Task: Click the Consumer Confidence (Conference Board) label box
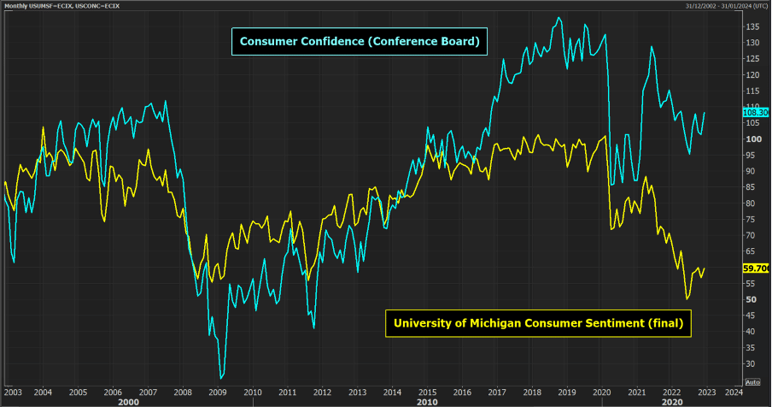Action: click(360, 41)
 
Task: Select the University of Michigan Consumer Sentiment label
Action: click(540, 323)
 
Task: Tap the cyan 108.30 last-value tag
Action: click(757, 112)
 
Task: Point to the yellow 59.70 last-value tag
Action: click(757, 268)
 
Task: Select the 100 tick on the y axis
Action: click(752, 139)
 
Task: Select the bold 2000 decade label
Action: click(129, 401)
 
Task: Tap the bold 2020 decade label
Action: click(672, 401)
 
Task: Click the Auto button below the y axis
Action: click(752, 381)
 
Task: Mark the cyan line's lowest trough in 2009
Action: click(222, 376)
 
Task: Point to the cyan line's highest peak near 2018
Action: click(559, 18)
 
